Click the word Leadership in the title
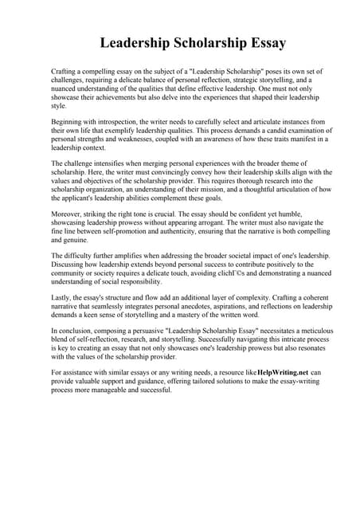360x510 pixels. click(x=135, y=42)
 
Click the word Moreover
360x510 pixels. click(x=68, y=214)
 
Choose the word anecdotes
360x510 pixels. click(x=205, y=304)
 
